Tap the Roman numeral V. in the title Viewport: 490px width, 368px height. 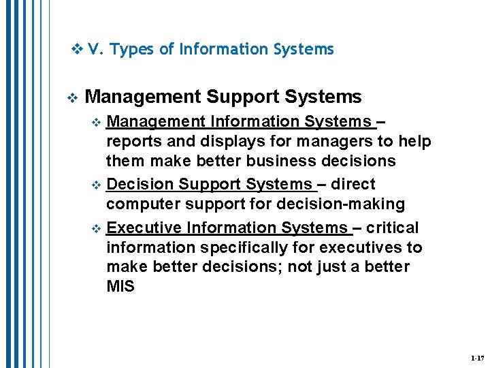pyautogui.click(x=95, y=50)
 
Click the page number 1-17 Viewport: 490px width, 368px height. pyautogui.click(x=476, y=358)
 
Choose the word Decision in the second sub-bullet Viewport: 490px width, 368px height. pyautogui.click(x=141, y=184)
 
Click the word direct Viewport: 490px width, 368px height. pyautogui.click(x=353, y=184)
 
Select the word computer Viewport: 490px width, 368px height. pyautogui.click(x=141, y=204)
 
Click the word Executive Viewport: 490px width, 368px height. pyautogui.click(x=145, y=227)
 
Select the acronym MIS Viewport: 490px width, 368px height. pyautogui.click(x=120, y=286)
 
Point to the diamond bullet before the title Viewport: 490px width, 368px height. pyautogui.click(x=77, y=49)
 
